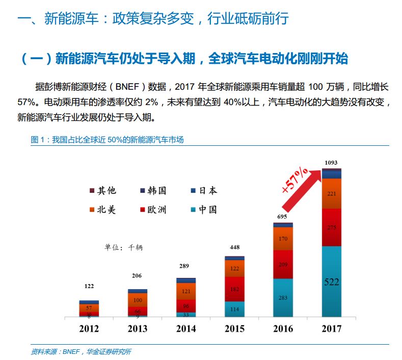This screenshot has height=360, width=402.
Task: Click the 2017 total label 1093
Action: point(331,163)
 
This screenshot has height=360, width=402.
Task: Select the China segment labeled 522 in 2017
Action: point(332,281)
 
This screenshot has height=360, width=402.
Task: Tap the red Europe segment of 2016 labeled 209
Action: point(283,265)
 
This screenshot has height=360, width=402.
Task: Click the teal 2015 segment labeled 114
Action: point(234,309)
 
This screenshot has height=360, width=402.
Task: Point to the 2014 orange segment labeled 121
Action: point(186,291)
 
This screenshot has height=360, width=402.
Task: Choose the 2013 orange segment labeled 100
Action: point(138,300)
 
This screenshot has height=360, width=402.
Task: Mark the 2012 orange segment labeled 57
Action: point(89,308)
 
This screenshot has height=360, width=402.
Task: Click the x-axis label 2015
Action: point(234,328)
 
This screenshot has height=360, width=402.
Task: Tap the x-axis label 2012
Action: point(89,328)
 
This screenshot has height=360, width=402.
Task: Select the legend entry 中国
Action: point(204,210)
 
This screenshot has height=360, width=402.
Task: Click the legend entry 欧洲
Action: point(153,210)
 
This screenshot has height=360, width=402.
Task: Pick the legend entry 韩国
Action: point(153,191)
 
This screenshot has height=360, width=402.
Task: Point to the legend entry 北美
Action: point(103,210)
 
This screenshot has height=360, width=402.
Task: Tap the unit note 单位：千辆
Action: point(124,247)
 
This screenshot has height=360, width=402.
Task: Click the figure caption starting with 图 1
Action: point(107,140)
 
